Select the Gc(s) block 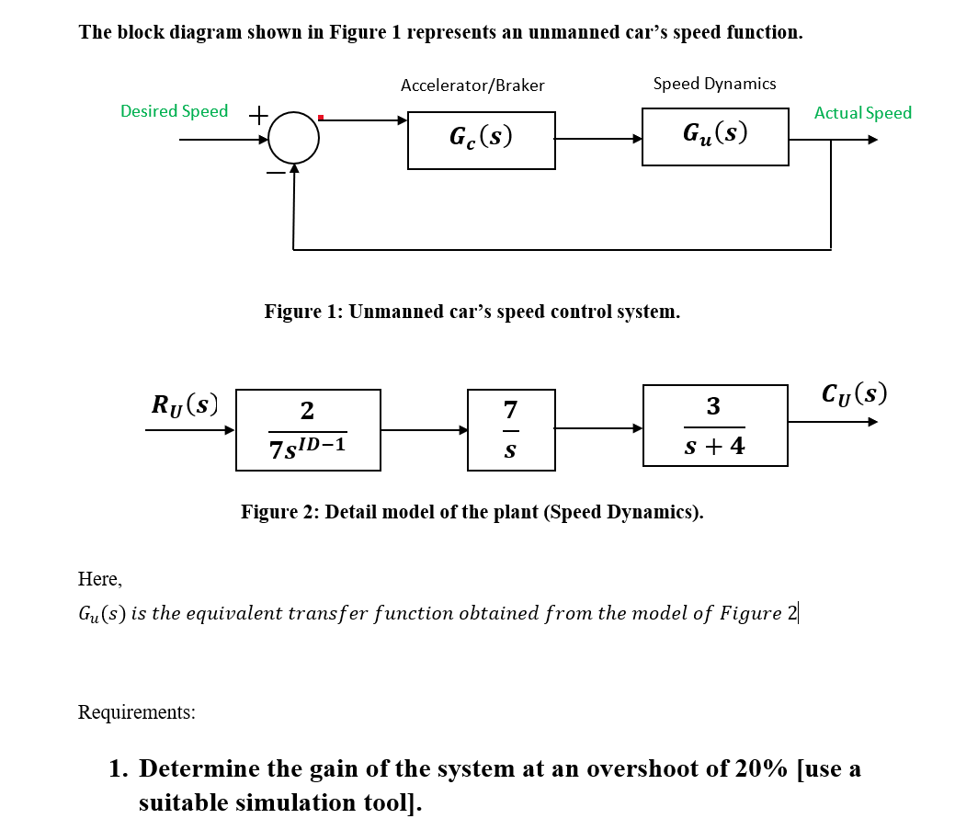point(481,141)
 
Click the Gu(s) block point(715,137)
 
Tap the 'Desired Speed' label point(175,111)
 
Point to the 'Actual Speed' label point(862,113)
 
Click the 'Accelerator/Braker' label point(472,85)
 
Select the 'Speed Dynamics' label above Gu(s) point(714,84)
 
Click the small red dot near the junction point(321,117)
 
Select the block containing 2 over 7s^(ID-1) point(308,430)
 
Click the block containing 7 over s point(511,430)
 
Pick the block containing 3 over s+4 point(715,426)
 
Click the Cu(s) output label point(855,392)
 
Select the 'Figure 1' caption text point(472,312)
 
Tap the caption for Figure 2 point(472,512)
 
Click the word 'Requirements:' point(137,712)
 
